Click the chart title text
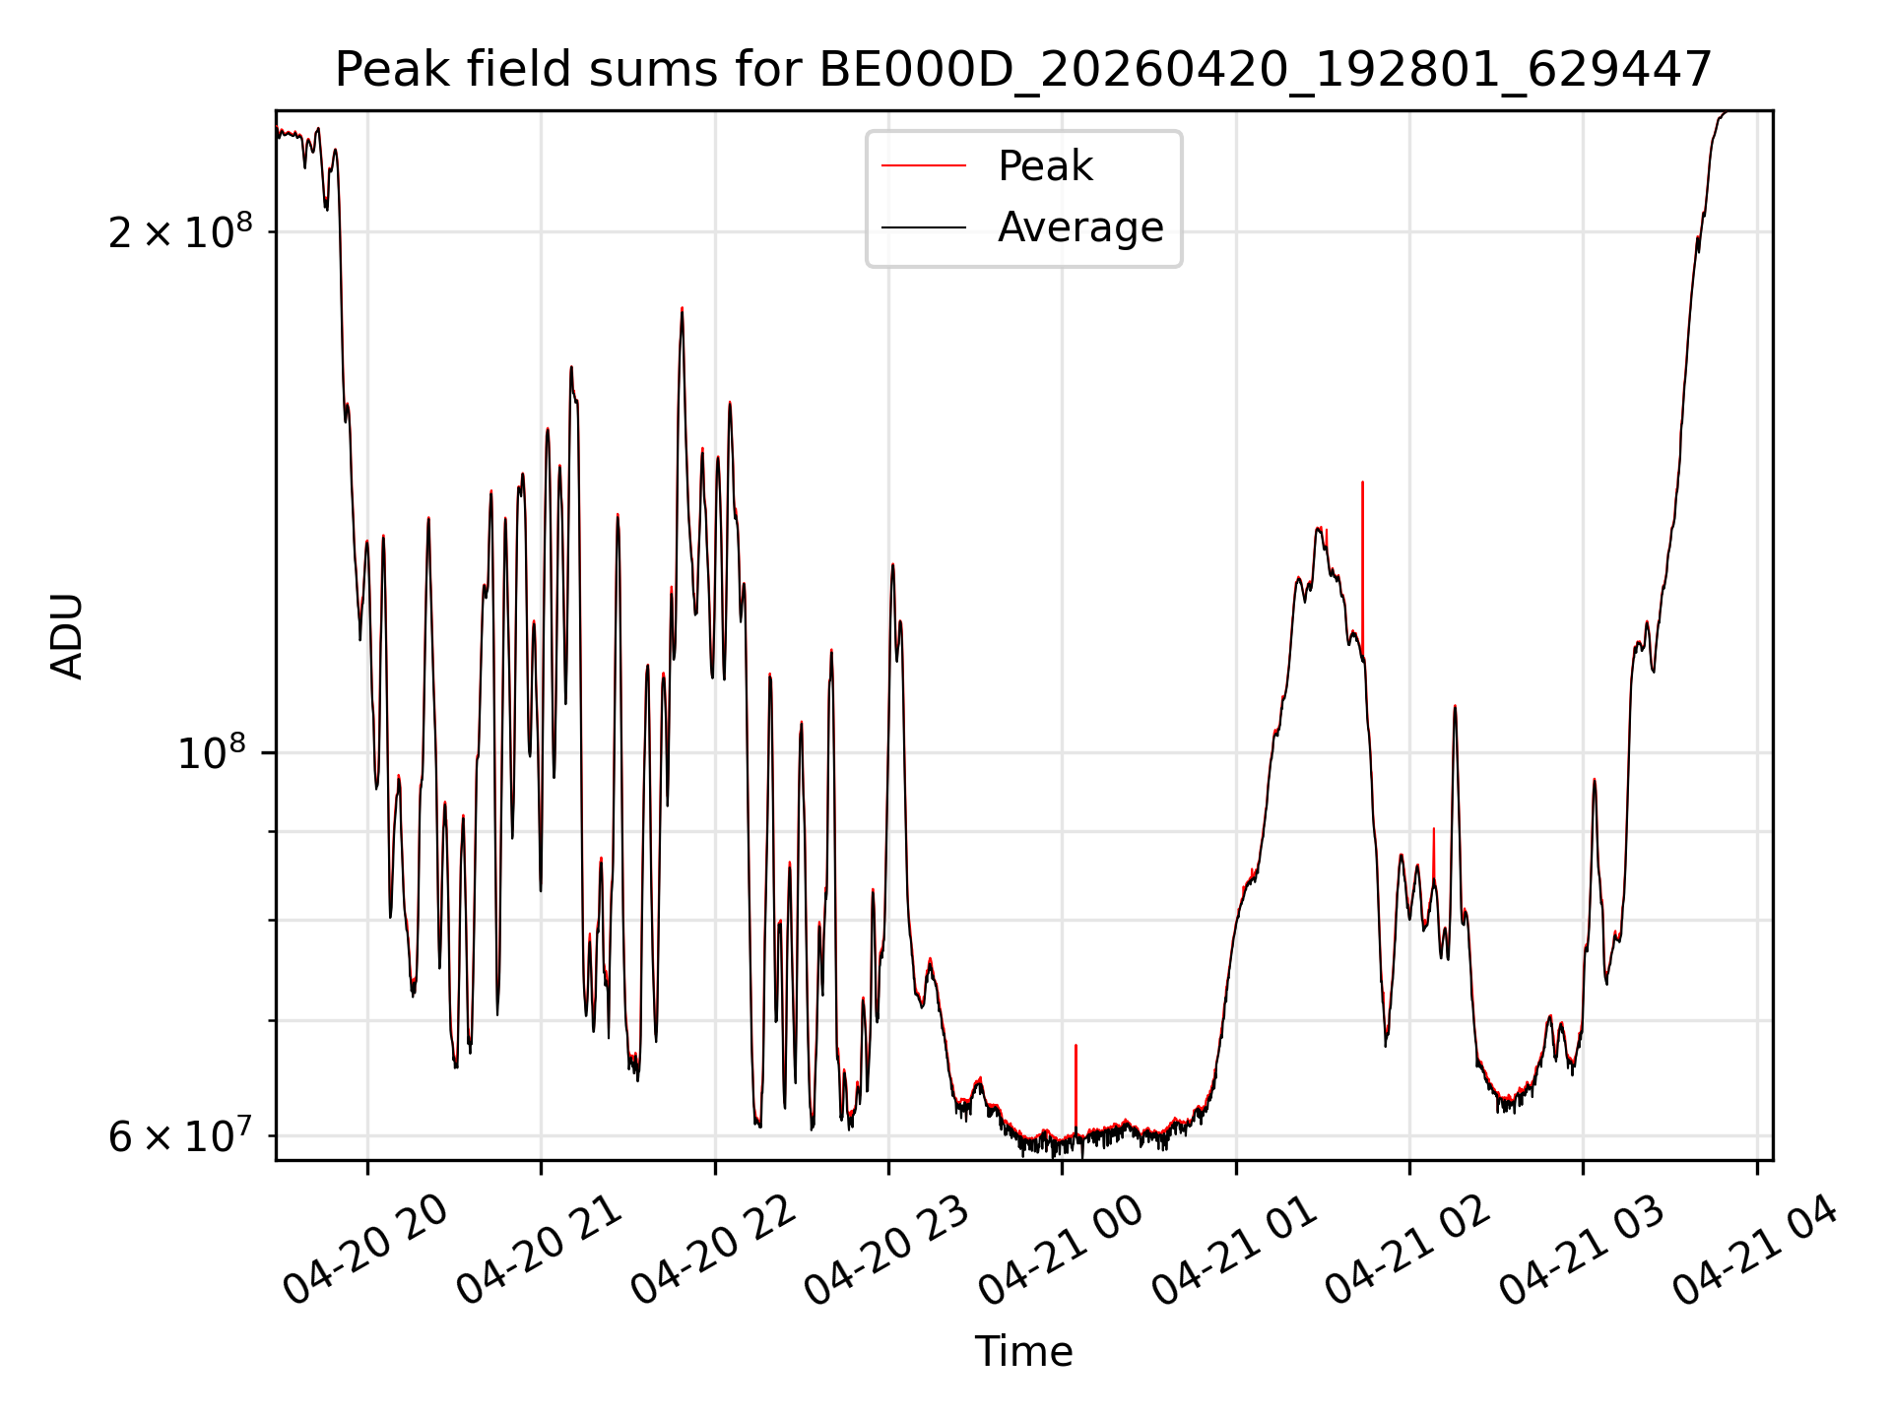point(1023,70)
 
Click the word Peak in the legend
point(1045,166)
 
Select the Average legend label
point(1080,227)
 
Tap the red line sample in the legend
point(924,166)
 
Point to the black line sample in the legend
point(924,227)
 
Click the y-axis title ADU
point(67,635)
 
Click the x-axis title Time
point(1023,1352)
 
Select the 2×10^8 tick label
point(180,231)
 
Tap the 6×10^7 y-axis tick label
point(180,1135)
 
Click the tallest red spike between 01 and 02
point(1362,561)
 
